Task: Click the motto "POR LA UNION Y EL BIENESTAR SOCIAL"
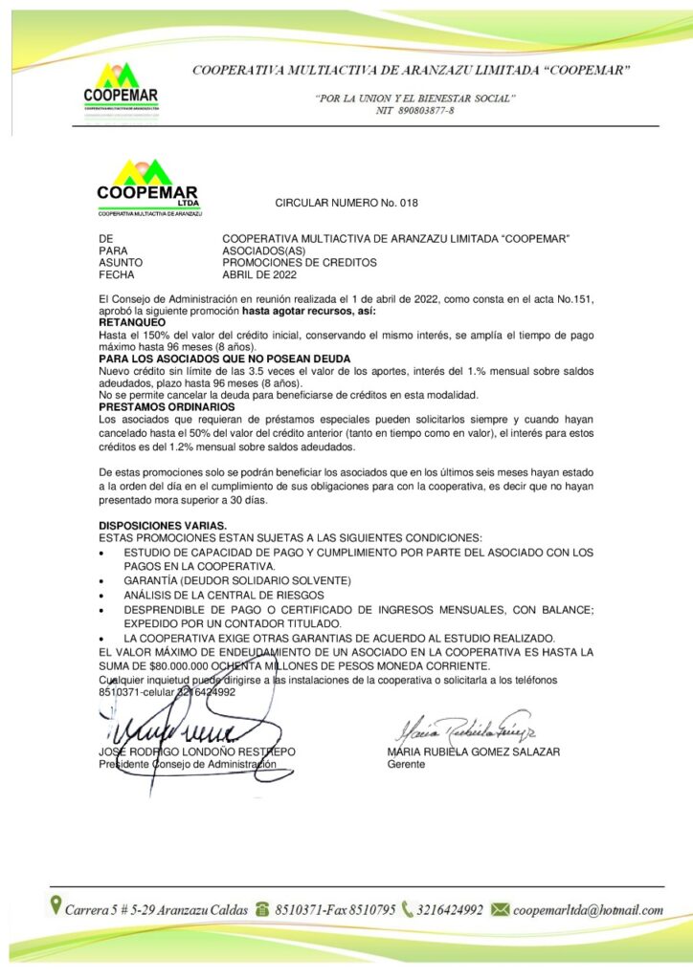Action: click(x=415, y=98)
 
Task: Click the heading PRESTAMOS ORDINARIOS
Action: click(x=168, y=406)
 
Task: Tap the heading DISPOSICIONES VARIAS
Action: click(x=163, y=526)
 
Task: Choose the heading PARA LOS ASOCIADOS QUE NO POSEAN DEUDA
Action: click(x=222, y=359)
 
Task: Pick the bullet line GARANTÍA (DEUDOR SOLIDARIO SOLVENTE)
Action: click(x=237, y=580)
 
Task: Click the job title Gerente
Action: click(x=406, y=765)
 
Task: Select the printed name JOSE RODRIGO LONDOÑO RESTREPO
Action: click(x=197, y=752)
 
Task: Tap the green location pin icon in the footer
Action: click(x=56, y=906)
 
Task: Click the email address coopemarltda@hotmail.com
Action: click(x=588, y=909)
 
